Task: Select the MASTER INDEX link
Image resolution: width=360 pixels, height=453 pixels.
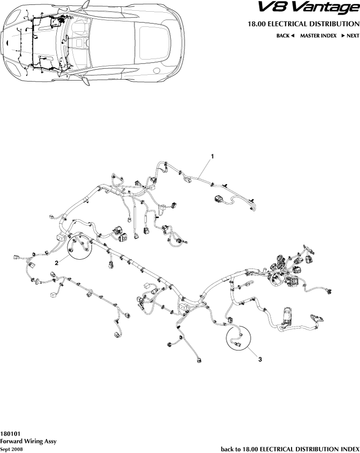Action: point(318,36)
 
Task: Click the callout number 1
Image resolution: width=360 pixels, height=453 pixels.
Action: point(212,156)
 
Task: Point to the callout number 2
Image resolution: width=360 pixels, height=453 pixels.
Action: point(57,263)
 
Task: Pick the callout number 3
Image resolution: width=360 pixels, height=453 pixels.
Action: point(260,359)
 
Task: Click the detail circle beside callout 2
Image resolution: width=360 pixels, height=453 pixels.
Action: point(79,244)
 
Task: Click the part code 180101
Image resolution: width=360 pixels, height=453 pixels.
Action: point(10,433)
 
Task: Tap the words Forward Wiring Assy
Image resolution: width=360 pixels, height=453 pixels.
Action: point(28,441)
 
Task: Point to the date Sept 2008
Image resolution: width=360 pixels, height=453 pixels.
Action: point(11,449)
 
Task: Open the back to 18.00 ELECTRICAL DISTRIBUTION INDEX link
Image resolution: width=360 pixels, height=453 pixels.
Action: point(290,448)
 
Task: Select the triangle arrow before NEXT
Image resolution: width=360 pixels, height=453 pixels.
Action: point(343,36)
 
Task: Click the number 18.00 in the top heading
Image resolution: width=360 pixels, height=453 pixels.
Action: point(257,23)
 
